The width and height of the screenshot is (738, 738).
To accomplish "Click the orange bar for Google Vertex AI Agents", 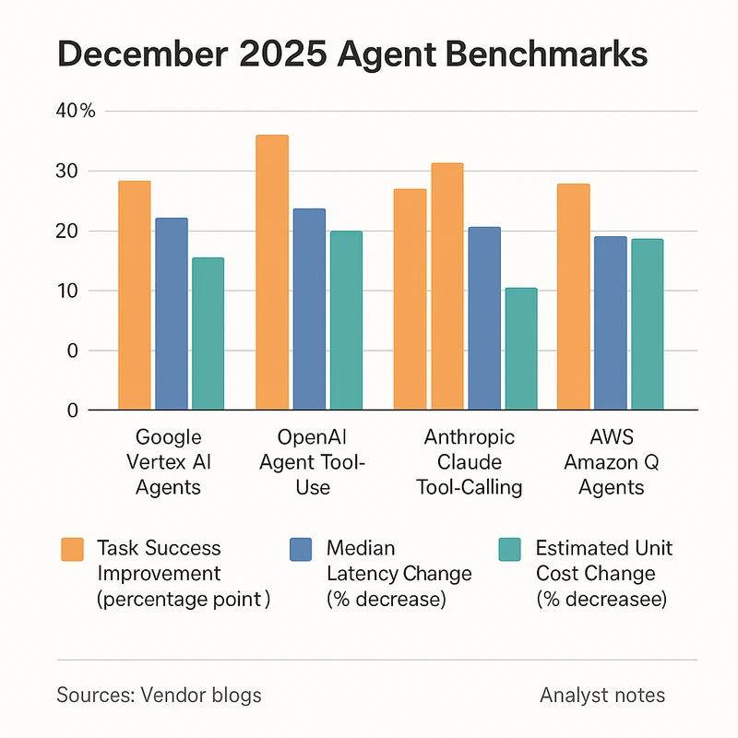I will [x=135, y=295].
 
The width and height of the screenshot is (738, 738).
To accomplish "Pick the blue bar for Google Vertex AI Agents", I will [x=172, y=314].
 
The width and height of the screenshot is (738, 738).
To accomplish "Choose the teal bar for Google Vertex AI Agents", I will [x=208, y=333].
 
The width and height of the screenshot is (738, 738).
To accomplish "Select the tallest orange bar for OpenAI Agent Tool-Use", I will [x=272, y=272].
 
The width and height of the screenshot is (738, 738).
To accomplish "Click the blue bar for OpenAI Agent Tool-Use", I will [x=309, y=309].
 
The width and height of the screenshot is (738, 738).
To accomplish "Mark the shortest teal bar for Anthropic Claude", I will [x=520, y=349].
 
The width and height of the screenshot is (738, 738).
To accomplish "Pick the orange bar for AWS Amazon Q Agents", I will [x=573, y=296].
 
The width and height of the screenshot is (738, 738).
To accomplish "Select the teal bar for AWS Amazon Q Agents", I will [x=647, y=324].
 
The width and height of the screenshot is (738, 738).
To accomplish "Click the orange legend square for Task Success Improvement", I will [x=71, y=549].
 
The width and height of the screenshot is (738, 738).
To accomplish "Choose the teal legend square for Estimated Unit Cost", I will [x=508, y=549].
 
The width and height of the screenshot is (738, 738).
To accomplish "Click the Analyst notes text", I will [x=601, y=695].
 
